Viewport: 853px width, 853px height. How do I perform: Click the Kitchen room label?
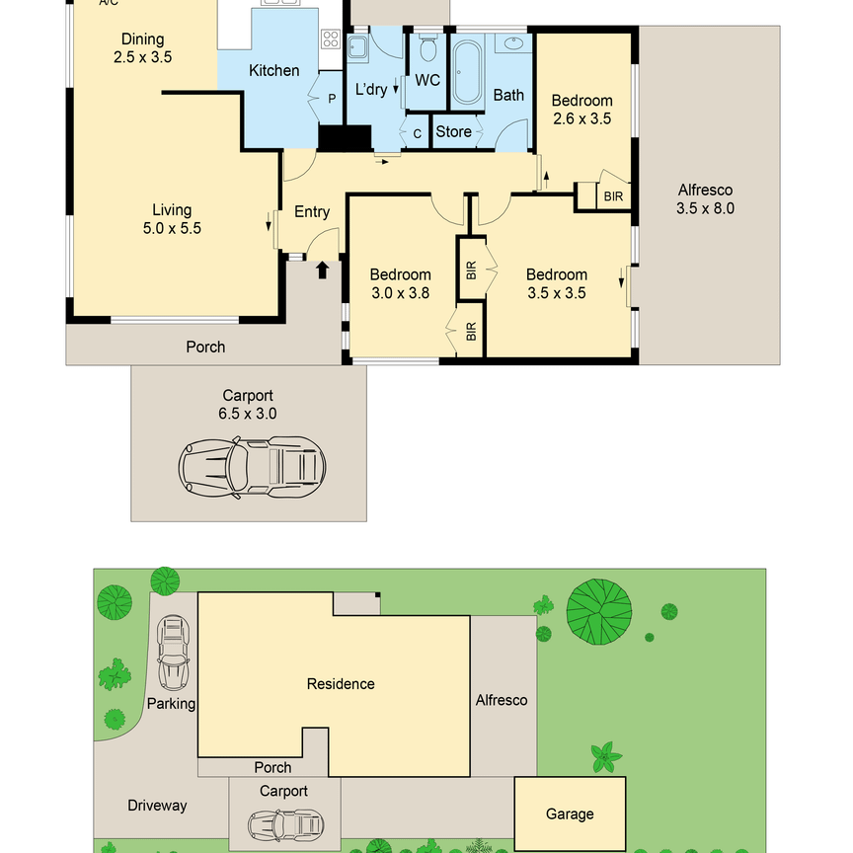[x=273, y=70]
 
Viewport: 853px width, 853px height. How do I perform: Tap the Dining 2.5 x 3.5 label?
[x=143, y=48]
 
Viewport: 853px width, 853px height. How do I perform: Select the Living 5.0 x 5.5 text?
[x=172, y=219]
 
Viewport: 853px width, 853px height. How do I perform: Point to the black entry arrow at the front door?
[x=322, y=268]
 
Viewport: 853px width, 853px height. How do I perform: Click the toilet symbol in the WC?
[x=427, y=48]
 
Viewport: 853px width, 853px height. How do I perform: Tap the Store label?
[x=453, y=131]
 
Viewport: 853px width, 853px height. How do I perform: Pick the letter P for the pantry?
[x=332, y=98]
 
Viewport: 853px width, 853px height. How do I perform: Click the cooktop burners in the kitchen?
[x=331, y=41]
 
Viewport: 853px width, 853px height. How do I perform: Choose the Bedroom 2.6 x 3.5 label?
[x=582, y=109]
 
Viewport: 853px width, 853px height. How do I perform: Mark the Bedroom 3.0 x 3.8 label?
[x=400, y=283]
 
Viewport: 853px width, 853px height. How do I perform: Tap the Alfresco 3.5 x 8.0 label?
[x=705, y=199]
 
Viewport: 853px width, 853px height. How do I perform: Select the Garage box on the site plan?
[x=570, y=813]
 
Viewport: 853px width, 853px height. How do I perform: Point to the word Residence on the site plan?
[x=341, y=683]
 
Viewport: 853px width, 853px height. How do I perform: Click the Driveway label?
[x=157, y=805]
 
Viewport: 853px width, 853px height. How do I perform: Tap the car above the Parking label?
[x=175, y=655]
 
